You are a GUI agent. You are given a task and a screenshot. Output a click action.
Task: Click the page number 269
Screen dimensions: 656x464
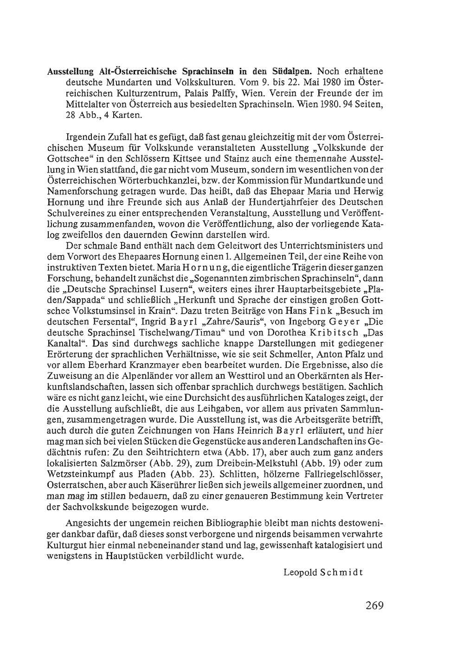374,605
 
